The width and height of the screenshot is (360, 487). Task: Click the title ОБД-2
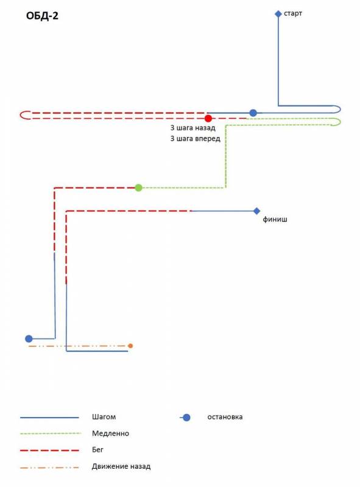pos(42,16)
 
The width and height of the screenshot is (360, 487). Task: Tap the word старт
pos(293,13)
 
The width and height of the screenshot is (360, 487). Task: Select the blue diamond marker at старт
pos(278,13)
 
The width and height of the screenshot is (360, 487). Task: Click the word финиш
pos(275,219)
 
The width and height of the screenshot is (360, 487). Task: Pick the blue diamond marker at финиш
pos(256,211)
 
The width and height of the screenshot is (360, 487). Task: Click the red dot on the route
pos(208,118)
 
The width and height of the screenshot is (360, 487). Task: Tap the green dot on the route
pos(139,187)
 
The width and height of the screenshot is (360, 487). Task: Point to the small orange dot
pos(130,346)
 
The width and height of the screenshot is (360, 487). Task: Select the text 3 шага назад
pos(192,128)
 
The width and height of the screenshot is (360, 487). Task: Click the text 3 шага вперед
pos(196,139)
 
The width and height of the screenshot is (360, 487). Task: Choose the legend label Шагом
pos(104,417)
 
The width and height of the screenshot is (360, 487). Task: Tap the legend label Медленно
pos(110,433)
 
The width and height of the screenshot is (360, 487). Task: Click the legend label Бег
pos(97,450)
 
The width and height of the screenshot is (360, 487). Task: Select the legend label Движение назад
pos(121,466)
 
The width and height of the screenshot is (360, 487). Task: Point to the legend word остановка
pos(225,417)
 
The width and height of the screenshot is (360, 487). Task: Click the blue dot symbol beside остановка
pos(186,418)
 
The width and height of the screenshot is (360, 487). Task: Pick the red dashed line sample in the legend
pos(49,450)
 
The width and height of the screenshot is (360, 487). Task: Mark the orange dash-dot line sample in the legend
pos(49,467)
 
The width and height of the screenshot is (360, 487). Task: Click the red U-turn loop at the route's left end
pos(21,115)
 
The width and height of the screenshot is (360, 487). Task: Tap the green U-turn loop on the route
pos(340,122)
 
